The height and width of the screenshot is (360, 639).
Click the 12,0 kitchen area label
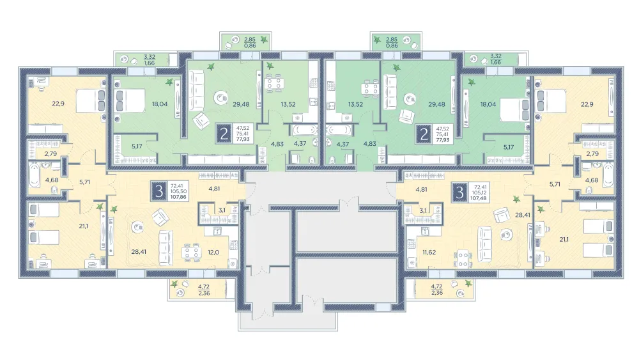coord(213,253)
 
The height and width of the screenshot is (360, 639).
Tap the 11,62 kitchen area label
coord(429,253)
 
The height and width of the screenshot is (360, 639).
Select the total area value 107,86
coord(178,198)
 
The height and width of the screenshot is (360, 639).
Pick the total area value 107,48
coord(478,199)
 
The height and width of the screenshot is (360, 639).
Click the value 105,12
coord(478,193)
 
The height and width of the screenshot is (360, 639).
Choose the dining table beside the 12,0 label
coord(191,252)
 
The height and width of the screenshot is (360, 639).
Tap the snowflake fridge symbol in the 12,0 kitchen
coord(233,264)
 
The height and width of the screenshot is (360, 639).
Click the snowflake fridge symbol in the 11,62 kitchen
coord(412,263)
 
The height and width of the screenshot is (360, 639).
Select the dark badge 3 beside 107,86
coord(159,191)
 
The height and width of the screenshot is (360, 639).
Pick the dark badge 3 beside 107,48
coord(459,192)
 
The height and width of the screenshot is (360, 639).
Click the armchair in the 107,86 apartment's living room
coord(160,217)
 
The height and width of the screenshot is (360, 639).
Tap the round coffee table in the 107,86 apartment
coord(137,227)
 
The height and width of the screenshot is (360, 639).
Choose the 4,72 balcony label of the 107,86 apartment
coord(203,287)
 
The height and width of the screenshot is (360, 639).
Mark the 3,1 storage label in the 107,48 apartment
coord(423,211)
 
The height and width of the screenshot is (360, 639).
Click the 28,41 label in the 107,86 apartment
coord(139,252)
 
